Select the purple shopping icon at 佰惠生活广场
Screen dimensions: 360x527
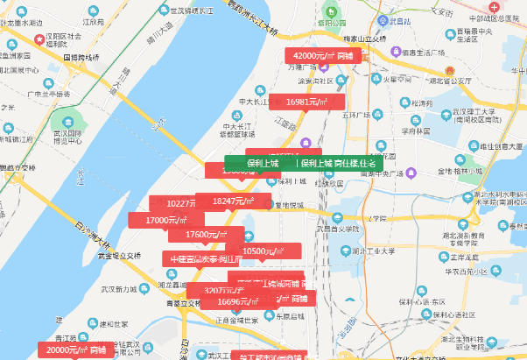396,52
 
